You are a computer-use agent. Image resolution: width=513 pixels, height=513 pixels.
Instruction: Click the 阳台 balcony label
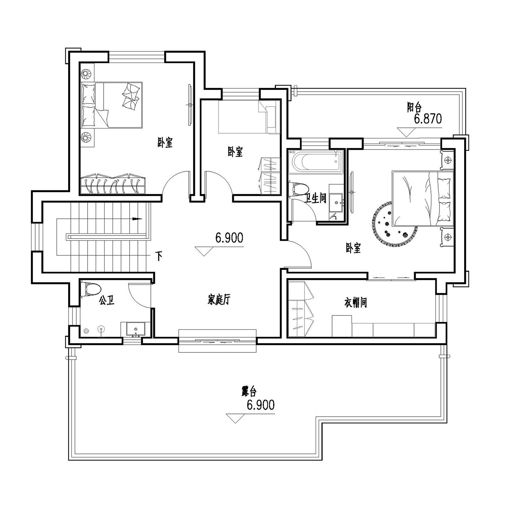point(414,108)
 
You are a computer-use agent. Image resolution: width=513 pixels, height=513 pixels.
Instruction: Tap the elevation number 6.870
point(428,119)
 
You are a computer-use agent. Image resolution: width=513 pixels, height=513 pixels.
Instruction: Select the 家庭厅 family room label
point(219,300)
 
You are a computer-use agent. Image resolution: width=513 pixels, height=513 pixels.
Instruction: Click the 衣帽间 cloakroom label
point(356,302)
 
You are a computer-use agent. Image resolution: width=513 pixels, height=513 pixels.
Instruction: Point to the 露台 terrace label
point(249,391)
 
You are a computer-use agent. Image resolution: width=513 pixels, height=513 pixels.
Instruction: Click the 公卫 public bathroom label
point(106,301)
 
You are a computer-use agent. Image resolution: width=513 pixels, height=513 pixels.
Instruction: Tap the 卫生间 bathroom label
point(316,198)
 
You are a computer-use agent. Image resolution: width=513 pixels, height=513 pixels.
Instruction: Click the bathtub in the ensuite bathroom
point(315,162)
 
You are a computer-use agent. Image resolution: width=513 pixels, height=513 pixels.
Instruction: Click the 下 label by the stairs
point(159,256)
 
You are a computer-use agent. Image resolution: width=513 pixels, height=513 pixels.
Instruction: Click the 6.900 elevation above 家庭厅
point(229,238)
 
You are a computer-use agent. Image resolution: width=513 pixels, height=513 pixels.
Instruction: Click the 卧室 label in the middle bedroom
point(235,152)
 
